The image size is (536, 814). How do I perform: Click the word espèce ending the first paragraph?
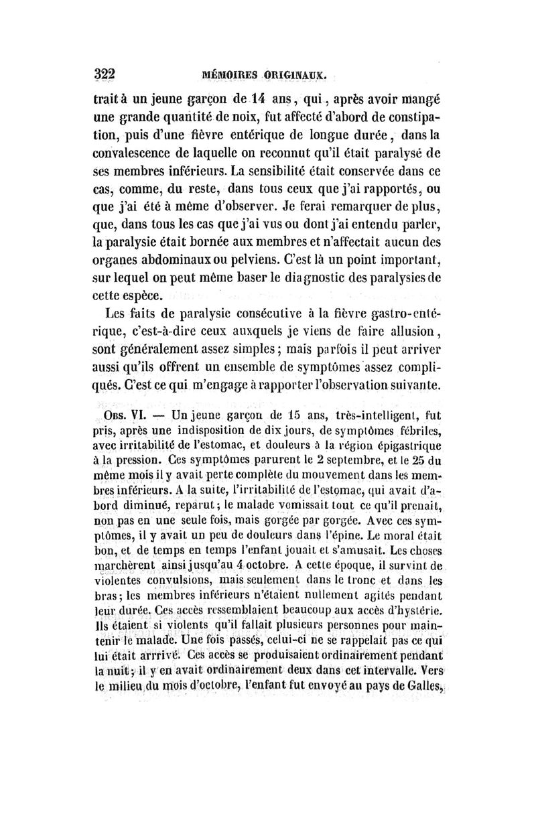click(144, 294)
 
